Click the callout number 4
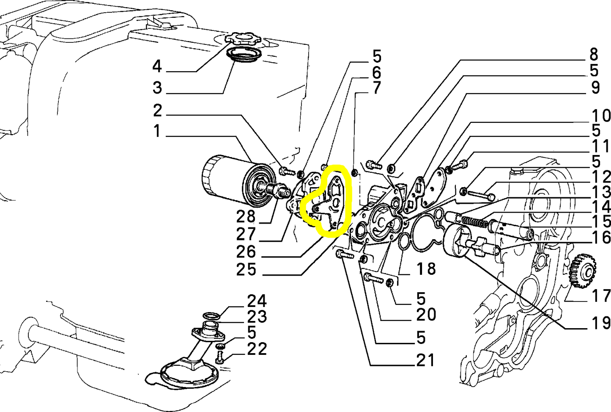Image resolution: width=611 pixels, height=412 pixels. (157, 66)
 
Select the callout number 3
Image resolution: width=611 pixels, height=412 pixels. (157, 88)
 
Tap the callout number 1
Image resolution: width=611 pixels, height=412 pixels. (157, 131)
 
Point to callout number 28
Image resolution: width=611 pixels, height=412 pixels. (246, 217)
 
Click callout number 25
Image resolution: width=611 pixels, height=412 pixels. (246, 269)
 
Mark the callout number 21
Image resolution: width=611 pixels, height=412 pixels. (425, 360)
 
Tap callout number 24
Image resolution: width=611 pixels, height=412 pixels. (257, 301)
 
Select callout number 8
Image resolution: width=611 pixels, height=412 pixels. (594, 55)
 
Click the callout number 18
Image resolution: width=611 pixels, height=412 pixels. (425, 268)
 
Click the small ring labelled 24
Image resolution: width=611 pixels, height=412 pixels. (211, 316)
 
